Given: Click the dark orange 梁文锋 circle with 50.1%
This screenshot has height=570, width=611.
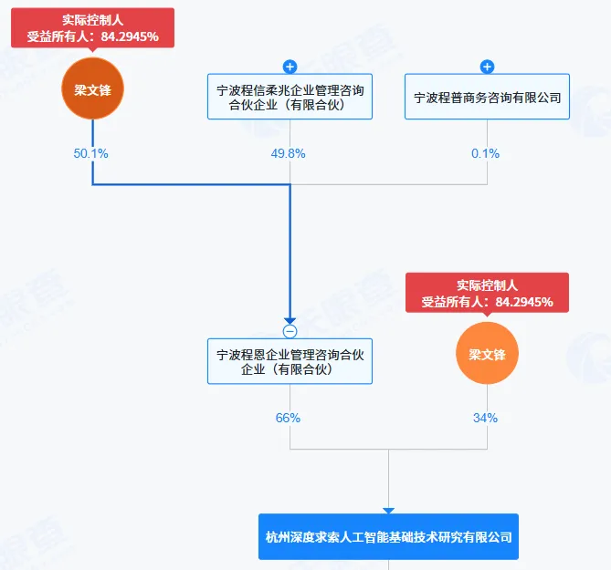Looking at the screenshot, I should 92,89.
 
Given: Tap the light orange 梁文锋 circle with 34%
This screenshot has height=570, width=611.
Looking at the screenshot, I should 487,354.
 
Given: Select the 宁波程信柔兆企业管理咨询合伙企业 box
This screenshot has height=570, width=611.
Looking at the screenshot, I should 290,97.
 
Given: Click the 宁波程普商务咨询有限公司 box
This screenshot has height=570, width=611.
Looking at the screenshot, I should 487,97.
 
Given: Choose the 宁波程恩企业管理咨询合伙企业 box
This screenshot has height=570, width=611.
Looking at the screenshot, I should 290,361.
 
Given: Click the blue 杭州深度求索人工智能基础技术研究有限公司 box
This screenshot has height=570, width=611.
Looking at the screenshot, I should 388,538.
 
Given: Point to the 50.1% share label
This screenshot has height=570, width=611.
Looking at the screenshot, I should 91,153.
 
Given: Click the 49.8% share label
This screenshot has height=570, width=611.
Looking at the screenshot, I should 289,153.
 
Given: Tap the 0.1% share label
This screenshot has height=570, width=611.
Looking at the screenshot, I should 486,153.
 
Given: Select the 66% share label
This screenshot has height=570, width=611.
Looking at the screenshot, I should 288,418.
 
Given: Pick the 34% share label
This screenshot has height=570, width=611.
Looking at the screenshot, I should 486,418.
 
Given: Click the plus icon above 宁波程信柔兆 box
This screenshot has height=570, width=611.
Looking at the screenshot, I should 290,67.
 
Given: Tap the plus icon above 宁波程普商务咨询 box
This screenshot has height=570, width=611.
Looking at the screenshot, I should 487,67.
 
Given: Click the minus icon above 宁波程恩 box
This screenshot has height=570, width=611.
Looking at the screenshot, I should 290,331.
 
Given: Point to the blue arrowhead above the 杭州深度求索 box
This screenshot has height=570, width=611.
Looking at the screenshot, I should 388,512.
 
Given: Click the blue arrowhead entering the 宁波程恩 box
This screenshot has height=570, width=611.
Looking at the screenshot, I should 290,319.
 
